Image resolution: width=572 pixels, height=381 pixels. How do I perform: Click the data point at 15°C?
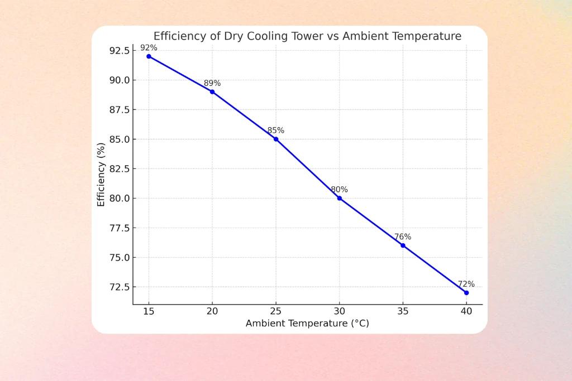pyautogui.click(x=149, y=56)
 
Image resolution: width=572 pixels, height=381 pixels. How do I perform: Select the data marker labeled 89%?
pyautogui.click(x=212, y=91)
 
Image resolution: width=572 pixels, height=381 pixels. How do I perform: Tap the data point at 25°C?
pyautogui.click(x=276, y=139)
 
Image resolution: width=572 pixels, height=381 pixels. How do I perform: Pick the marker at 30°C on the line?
pyautogui.click(x=339, y=198)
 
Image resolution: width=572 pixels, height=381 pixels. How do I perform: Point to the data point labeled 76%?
pyautogui.click(x=403, y=245)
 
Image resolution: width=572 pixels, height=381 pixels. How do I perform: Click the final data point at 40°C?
pyautogui.click(x=466, y=293)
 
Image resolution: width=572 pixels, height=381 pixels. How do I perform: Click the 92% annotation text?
pyautogui.click(x=149, y=48)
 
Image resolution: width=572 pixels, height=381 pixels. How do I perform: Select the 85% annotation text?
pyautogui.click(x=276, y=131)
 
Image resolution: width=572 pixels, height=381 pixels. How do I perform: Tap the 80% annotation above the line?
pyautogui.click(x=339, y=190)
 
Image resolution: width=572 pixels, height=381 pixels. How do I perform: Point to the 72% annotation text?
pyautogui.click(x=466, y=284)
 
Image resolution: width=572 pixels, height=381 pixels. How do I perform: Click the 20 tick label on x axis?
pyautogui.click(x=212, y=312)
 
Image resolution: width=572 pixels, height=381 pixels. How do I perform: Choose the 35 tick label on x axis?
pyautogui.click(x=403, y=312)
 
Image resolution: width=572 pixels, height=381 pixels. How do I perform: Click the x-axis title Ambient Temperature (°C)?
pyautogui.click(x=307, y=324)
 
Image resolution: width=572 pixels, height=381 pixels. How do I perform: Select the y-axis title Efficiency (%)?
pyautogui.click(x=101, y=174)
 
